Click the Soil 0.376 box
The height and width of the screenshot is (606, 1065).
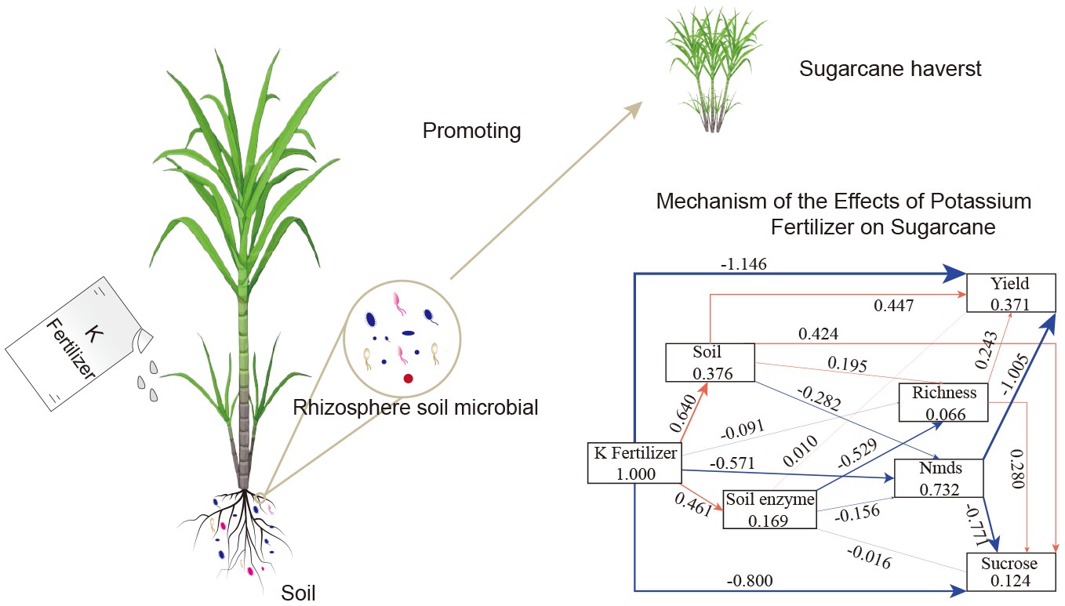point(709,362)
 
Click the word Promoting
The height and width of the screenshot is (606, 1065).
point(471,130)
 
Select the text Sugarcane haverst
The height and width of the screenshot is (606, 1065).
point(890,69)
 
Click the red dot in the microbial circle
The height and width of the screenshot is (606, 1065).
point(408,379)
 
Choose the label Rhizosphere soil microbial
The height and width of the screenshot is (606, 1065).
point(416,408)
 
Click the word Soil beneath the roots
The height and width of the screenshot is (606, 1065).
point(298,592)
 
